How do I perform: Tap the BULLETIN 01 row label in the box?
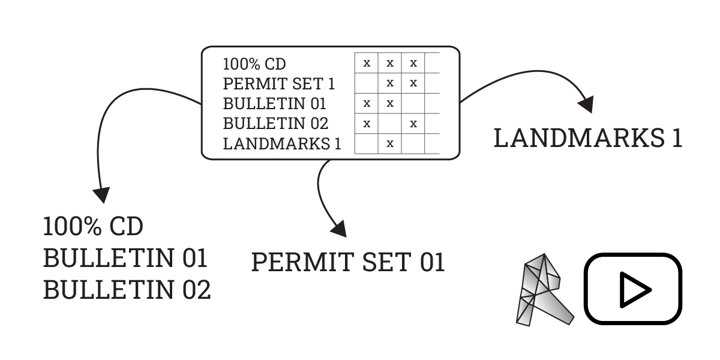coord(274,103)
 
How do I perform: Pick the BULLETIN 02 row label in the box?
coord(275,124)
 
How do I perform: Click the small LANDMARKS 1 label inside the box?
coord(282,143)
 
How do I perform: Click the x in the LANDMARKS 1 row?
coord(390,143)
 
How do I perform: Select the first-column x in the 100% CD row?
coord(367,63)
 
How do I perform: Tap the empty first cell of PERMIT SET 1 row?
coord(367,83)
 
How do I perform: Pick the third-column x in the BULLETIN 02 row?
coord(413,124)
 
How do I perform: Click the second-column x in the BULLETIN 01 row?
coord(390,103)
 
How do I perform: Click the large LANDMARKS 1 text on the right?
coord(588,139)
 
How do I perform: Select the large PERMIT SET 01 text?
coord(348,262)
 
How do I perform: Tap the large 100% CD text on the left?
coord(93,227)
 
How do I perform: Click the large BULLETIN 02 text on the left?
coord(127,290)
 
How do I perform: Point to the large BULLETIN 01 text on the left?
coord(125,259)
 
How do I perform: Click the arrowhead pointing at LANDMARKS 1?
coord(586,103)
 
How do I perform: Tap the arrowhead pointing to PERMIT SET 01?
coord(339,227)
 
